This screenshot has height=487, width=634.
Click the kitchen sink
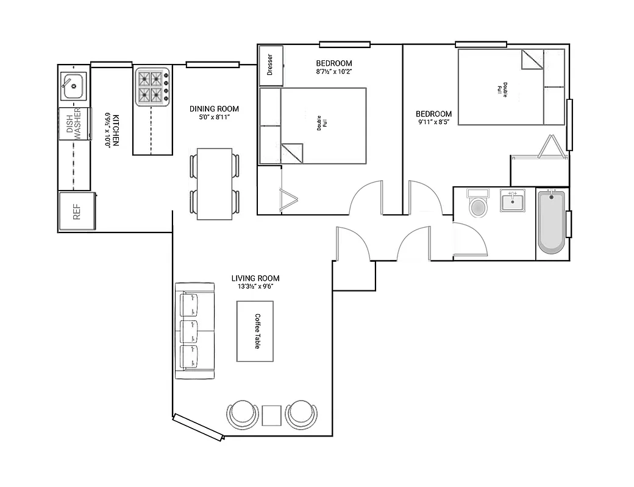point(74,86)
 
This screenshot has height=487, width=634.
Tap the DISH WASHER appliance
point(74,124)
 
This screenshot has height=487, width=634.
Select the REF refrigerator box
point(77,212)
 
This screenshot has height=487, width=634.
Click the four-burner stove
point(152,86)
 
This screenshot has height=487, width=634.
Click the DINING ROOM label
point(213,109)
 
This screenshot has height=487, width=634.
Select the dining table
point(215,184)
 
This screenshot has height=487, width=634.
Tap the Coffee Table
point(255,331)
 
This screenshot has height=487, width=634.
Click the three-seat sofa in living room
point(194,331)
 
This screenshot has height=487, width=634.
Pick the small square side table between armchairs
point(271,415)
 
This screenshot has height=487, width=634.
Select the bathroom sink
point(513,201)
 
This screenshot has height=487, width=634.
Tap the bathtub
point(551,222)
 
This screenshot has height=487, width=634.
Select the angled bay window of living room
point(198,427)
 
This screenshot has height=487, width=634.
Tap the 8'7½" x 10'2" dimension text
point(333,72)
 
